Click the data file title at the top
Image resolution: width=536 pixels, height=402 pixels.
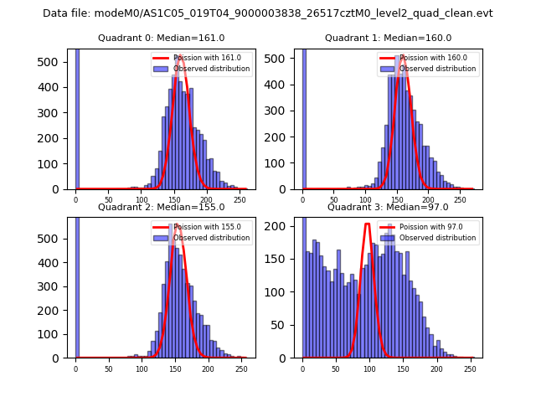[x=268, y=13]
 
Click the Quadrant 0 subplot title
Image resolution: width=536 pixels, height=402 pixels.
[x=161, y=38]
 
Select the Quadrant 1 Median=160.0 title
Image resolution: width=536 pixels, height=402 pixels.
[x=388, y=38]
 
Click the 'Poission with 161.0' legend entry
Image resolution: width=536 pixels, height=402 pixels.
[x=200, y=58]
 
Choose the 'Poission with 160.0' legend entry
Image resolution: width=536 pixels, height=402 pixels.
[x=427, y=58]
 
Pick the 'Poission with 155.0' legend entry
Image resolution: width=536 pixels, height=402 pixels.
[x=200, y=226]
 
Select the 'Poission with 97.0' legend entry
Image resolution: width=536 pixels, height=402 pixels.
[x=427, y=226]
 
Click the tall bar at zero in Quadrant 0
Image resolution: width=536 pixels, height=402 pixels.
[x=77, y=117]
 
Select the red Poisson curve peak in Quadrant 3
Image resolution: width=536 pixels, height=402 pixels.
[x=367, y=224]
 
